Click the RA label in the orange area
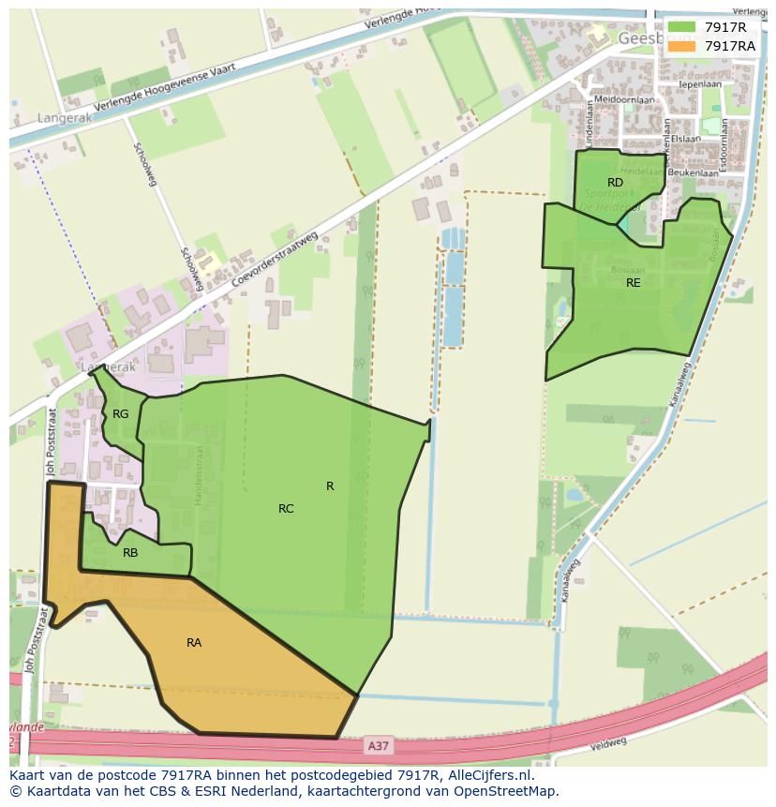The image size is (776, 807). (x=194, y=642)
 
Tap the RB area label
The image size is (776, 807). (x=130, y=553)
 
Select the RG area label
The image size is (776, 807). (x=121, y=413)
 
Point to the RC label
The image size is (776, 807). (x=286, y=509)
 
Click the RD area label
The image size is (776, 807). (x=615, y=183)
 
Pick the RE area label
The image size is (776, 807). (x=634, y=282)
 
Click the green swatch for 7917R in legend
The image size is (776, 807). (x=682, y=27)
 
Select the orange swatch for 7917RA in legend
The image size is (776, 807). (x=682, y=46)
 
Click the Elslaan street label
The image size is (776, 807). (x=685, y=139)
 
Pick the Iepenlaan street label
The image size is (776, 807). (x=701, y=83)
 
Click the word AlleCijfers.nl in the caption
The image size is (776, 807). (x=488, y=775)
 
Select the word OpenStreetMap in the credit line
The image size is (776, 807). (x=507, y=791)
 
